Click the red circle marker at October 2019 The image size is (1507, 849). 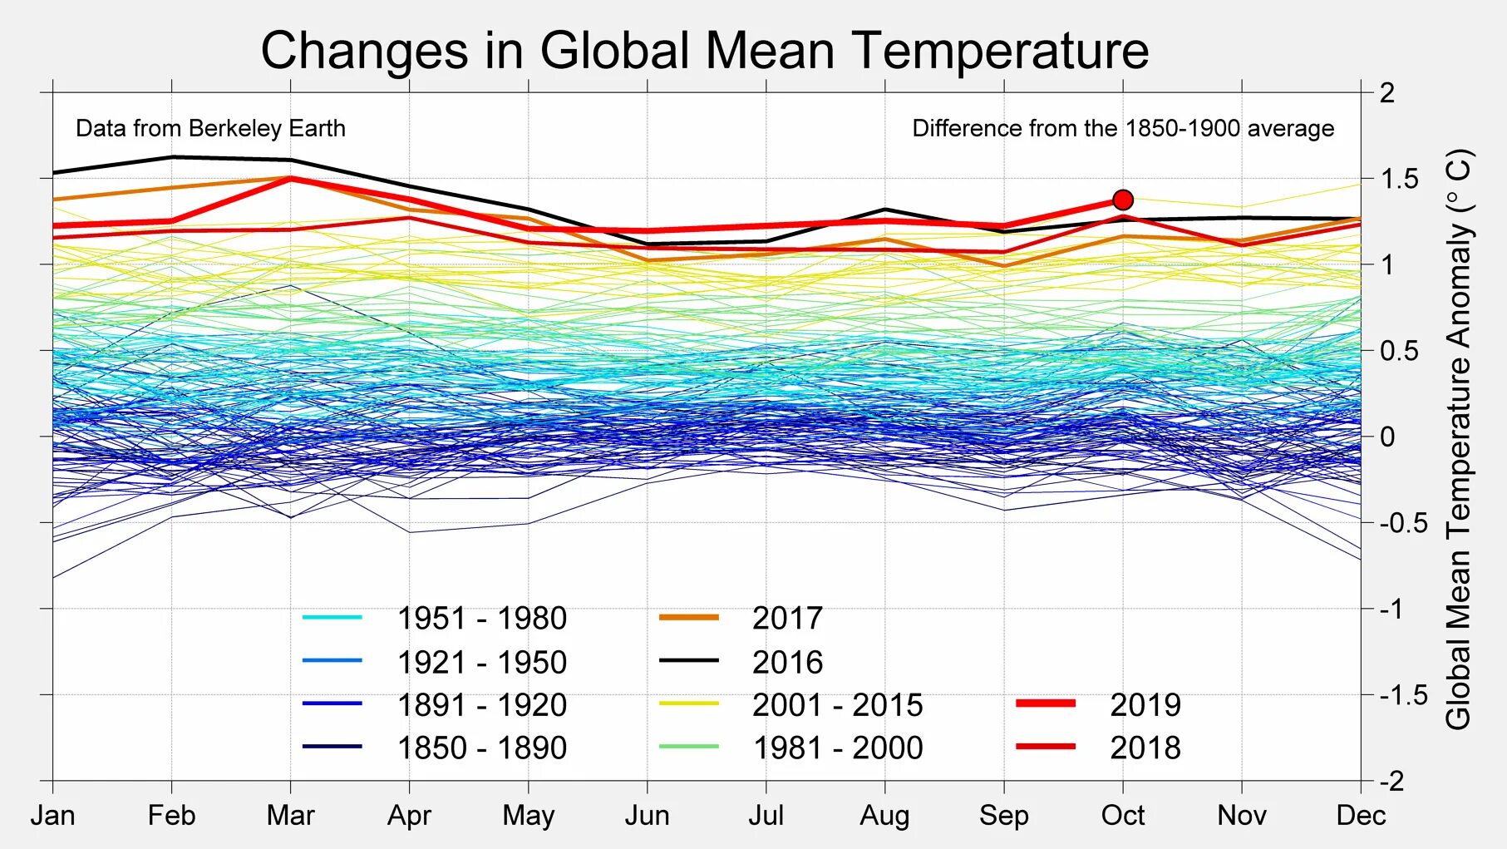coord(1123,200)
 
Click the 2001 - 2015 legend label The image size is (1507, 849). coord(837,705)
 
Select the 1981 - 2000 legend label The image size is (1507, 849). coord(837,748)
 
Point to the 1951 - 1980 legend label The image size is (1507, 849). coord(481,619)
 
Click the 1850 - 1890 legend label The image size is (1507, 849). coord(481,748)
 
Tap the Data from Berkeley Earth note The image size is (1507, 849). coord(210,128)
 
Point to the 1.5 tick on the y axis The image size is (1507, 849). coord(1399,179)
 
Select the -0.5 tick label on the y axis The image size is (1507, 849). coord(1403,523)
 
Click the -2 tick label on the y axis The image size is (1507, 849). coord(1391,781)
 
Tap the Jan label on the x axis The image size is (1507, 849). coord(53,815)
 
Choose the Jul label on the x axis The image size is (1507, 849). coord(766,815)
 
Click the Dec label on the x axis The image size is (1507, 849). coord(1361,815)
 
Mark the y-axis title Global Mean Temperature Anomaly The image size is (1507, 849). coord(1459,439)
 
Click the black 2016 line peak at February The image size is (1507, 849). coord(172,156)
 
